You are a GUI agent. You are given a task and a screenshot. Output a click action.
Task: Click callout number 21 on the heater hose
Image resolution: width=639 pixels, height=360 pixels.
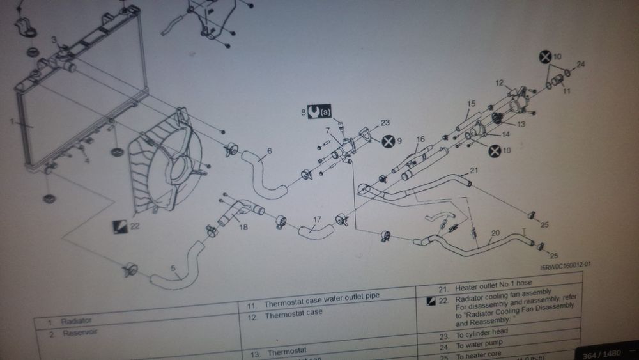(x=473, y=170)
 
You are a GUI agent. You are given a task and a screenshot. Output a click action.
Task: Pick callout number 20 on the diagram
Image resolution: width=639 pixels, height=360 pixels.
(x=494, y=234)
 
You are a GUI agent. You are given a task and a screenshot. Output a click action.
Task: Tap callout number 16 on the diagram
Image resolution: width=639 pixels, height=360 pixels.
(x=420, y=139)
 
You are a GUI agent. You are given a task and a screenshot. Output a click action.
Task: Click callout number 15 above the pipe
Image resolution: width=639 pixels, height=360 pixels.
(x=472, y=103)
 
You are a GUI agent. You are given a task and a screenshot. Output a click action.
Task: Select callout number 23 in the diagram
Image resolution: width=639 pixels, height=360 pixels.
(x=385, y=121)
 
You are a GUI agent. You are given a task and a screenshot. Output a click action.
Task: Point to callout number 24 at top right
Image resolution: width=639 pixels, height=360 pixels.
(x=581, y=64)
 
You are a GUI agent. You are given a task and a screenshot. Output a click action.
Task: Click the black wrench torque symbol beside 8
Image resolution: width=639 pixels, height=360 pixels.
(x=314, y=111)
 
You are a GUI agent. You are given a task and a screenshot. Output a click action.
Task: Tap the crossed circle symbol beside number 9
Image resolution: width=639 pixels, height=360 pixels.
(x=388, y=140)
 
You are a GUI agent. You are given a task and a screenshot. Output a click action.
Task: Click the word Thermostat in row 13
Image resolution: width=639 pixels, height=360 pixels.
(x=285, y=351)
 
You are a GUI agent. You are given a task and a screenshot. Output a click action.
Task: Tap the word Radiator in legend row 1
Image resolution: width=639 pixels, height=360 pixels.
(x=77, y=320)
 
